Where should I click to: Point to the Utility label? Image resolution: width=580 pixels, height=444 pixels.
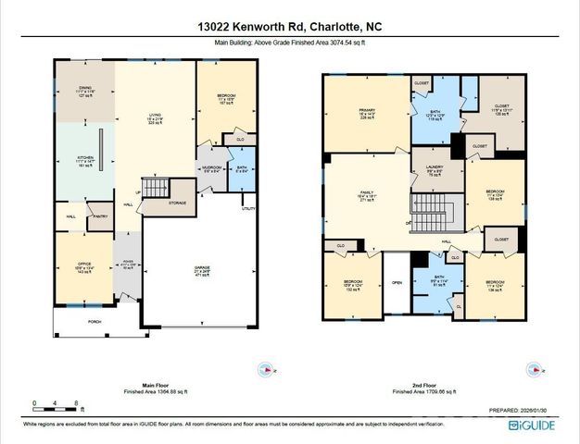pyautogui.click(x=247, y=209)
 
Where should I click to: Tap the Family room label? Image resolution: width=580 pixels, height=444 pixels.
pyautogui.click(x=365, y=195)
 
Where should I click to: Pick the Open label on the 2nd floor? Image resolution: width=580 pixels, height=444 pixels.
pyautogui.click(x=397, y=283)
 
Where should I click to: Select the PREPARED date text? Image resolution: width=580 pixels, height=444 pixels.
pyautogui.click(x=524, y=410)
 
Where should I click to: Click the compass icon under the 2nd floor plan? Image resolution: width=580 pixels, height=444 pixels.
pyautogui.click(x=533, y=369)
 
